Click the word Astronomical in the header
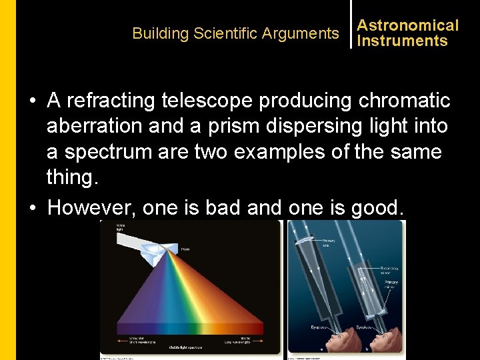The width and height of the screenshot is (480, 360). pyautogui.click(x=408, y=25)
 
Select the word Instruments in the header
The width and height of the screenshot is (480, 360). pyautogui.click(x=403, y=41)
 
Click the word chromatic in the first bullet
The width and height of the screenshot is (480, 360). pyautogui.click(x=404, y=101)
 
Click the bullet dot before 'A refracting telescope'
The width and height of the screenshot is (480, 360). pyautogui.click(x=32, y=101)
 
